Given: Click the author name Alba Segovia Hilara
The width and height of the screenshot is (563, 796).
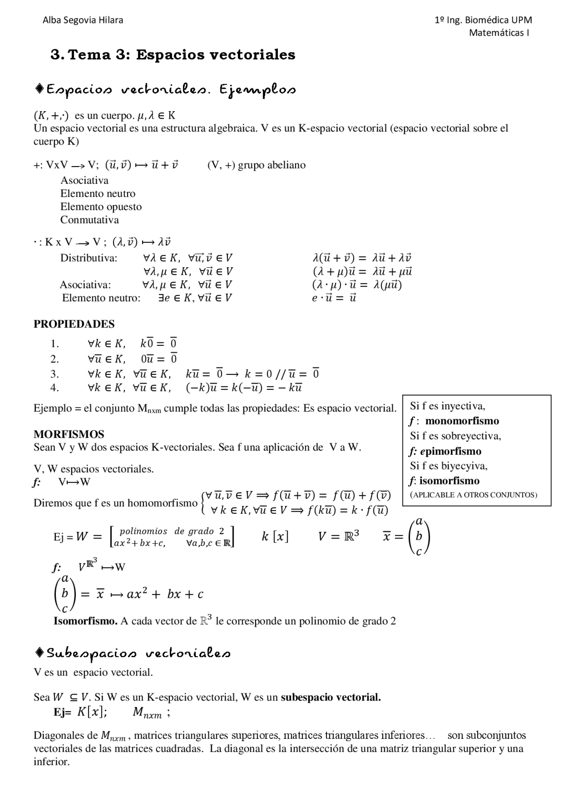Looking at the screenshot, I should [83, 20].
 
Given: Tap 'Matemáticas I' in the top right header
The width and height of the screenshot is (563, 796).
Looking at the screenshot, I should [499, 33].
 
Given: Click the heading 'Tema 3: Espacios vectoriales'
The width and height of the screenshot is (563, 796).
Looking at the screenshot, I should [182, 55].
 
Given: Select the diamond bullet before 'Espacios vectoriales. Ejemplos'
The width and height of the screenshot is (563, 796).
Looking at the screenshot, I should [39, 89].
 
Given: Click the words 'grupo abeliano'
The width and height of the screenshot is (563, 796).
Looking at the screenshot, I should [271, 165].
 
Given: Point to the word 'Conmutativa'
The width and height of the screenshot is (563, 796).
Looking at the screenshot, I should [89, 220].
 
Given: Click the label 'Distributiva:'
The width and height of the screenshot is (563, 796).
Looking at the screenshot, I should [89, 258].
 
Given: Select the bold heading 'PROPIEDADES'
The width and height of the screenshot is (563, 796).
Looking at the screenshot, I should [74, 324].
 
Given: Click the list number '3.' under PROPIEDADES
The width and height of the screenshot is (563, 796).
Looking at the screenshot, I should [55, 374].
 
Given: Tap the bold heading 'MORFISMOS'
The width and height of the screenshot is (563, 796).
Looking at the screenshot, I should [69, 434].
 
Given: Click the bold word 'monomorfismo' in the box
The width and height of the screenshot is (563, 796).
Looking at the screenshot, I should [462, 421].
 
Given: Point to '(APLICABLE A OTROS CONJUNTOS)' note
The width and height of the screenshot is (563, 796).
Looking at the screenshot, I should [473, 495].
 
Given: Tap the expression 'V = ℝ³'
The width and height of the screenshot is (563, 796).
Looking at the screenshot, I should [338, 536].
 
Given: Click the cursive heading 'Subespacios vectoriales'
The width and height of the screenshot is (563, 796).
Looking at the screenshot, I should [138, 654].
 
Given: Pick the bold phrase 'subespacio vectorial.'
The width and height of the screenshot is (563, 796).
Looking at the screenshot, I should [331, 698].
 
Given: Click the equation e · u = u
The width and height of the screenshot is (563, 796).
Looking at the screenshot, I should [334, 298].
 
